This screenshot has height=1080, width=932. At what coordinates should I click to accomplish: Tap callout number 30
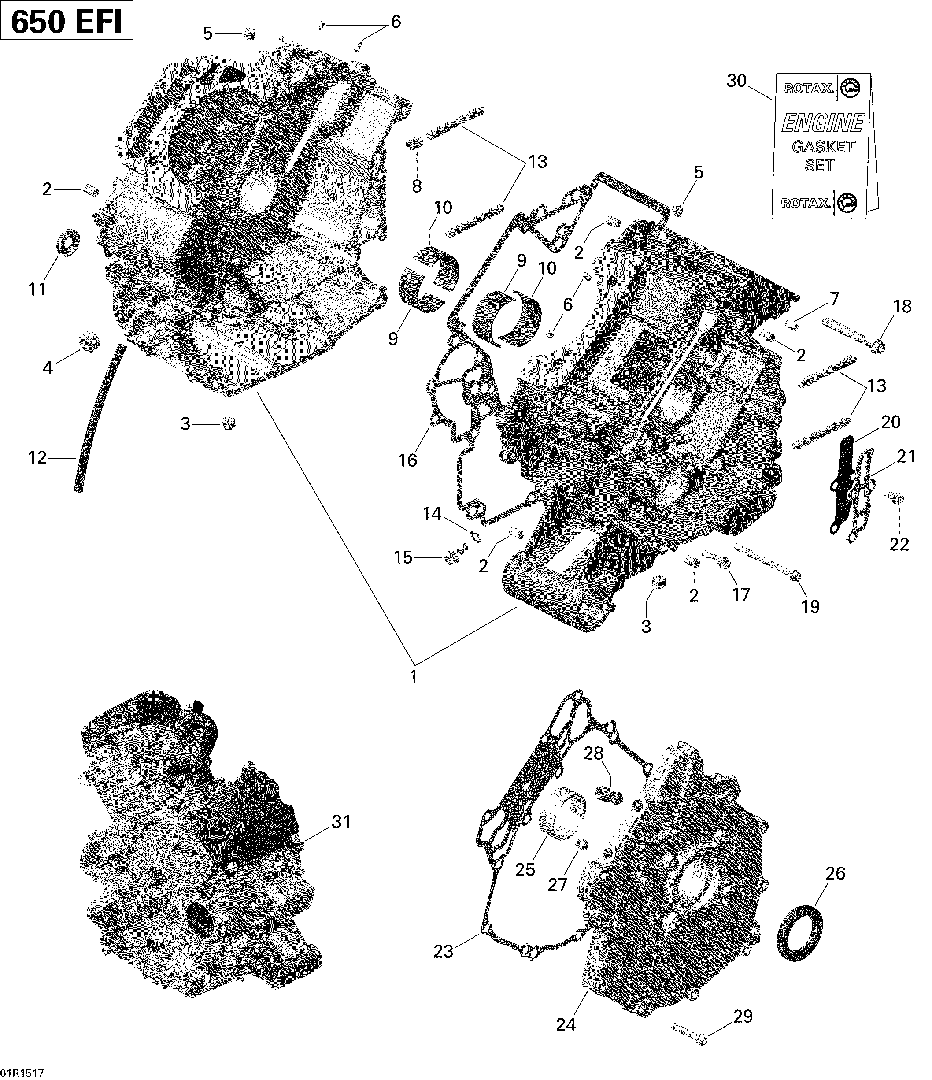[736, 82]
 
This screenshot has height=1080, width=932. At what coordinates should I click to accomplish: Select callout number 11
[37, 289]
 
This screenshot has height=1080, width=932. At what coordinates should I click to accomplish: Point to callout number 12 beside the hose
[37, 458]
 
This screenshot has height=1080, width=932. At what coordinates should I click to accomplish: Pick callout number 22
[899, 544]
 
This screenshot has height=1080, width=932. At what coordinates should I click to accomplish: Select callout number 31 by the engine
[342, 822]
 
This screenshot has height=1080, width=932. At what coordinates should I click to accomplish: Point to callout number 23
[444, 951]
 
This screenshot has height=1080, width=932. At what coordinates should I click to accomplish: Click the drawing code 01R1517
[22, 1073]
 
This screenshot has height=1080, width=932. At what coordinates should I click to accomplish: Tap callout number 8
[417, 186]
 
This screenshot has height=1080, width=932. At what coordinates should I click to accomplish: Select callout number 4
[48, 368]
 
